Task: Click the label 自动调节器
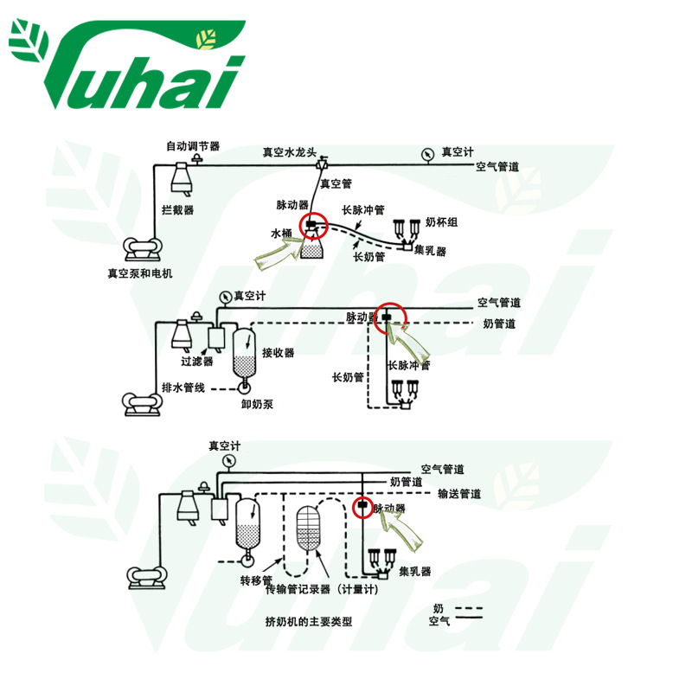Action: [193, 146]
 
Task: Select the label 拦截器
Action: [177, 209]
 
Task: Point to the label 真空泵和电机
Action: [140, 273]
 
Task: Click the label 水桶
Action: [283, 234]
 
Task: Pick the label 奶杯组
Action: [441, 222]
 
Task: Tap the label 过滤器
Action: [196, 362]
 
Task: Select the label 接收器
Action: [279, 353]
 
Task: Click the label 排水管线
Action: [183, 387]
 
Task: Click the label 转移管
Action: [256, 580]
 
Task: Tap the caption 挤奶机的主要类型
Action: [310, 621]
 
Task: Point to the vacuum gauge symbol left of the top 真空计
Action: [427, 153]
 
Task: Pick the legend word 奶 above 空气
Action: [439, 608]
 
